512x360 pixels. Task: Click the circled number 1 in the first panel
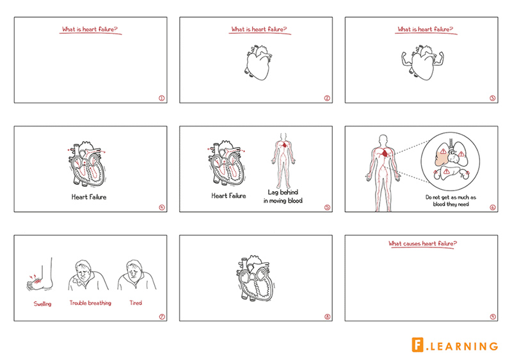(162, 98)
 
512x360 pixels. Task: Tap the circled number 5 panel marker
(327, 207)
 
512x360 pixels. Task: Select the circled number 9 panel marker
(493, 317)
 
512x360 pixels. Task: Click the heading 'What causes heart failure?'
(422, 244)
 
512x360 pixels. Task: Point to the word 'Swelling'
(42, 304)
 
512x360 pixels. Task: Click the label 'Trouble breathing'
(90, 303)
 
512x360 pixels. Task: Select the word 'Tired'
(136, 303)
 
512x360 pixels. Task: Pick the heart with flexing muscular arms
(422, 63)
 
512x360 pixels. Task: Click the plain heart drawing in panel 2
(259, 63)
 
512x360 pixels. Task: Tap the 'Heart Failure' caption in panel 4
(89, 197)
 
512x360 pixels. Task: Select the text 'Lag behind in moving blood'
(283, 196)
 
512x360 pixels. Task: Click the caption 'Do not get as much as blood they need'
(451, 201)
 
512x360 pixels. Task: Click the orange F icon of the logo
(418, 345)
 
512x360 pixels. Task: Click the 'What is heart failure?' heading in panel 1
(90, 29)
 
